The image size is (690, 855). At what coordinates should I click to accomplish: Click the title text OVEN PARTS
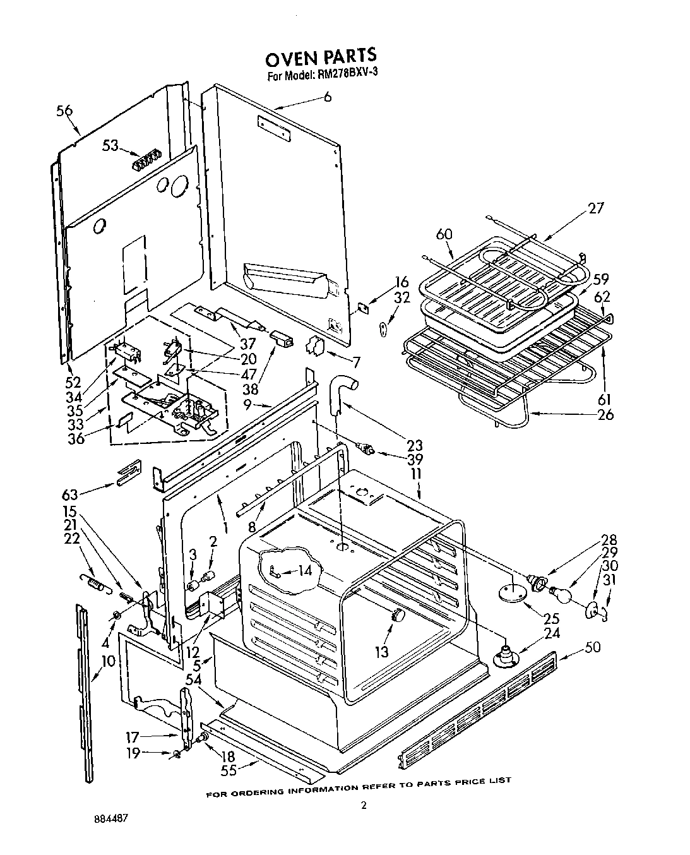coord(321,58)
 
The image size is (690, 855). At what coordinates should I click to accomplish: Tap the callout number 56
coord(64,111)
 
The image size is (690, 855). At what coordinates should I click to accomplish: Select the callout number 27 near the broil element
coord(595,208)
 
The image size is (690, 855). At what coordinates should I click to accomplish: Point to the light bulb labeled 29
coord(559,593)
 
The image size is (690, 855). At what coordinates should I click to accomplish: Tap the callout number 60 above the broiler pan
coord(444,234)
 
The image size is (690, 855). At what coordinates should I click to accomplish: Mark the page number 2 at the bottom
coord(362,805)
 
